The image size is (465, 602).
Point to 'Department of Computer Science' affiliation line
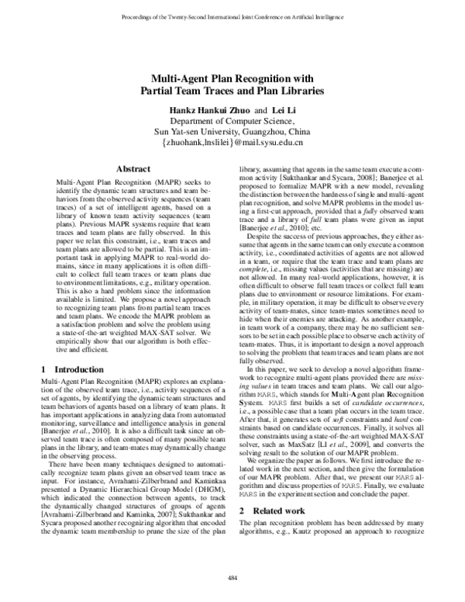(x=232, y=121)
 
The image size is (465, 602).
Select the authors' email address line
(x=232, y=144)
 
